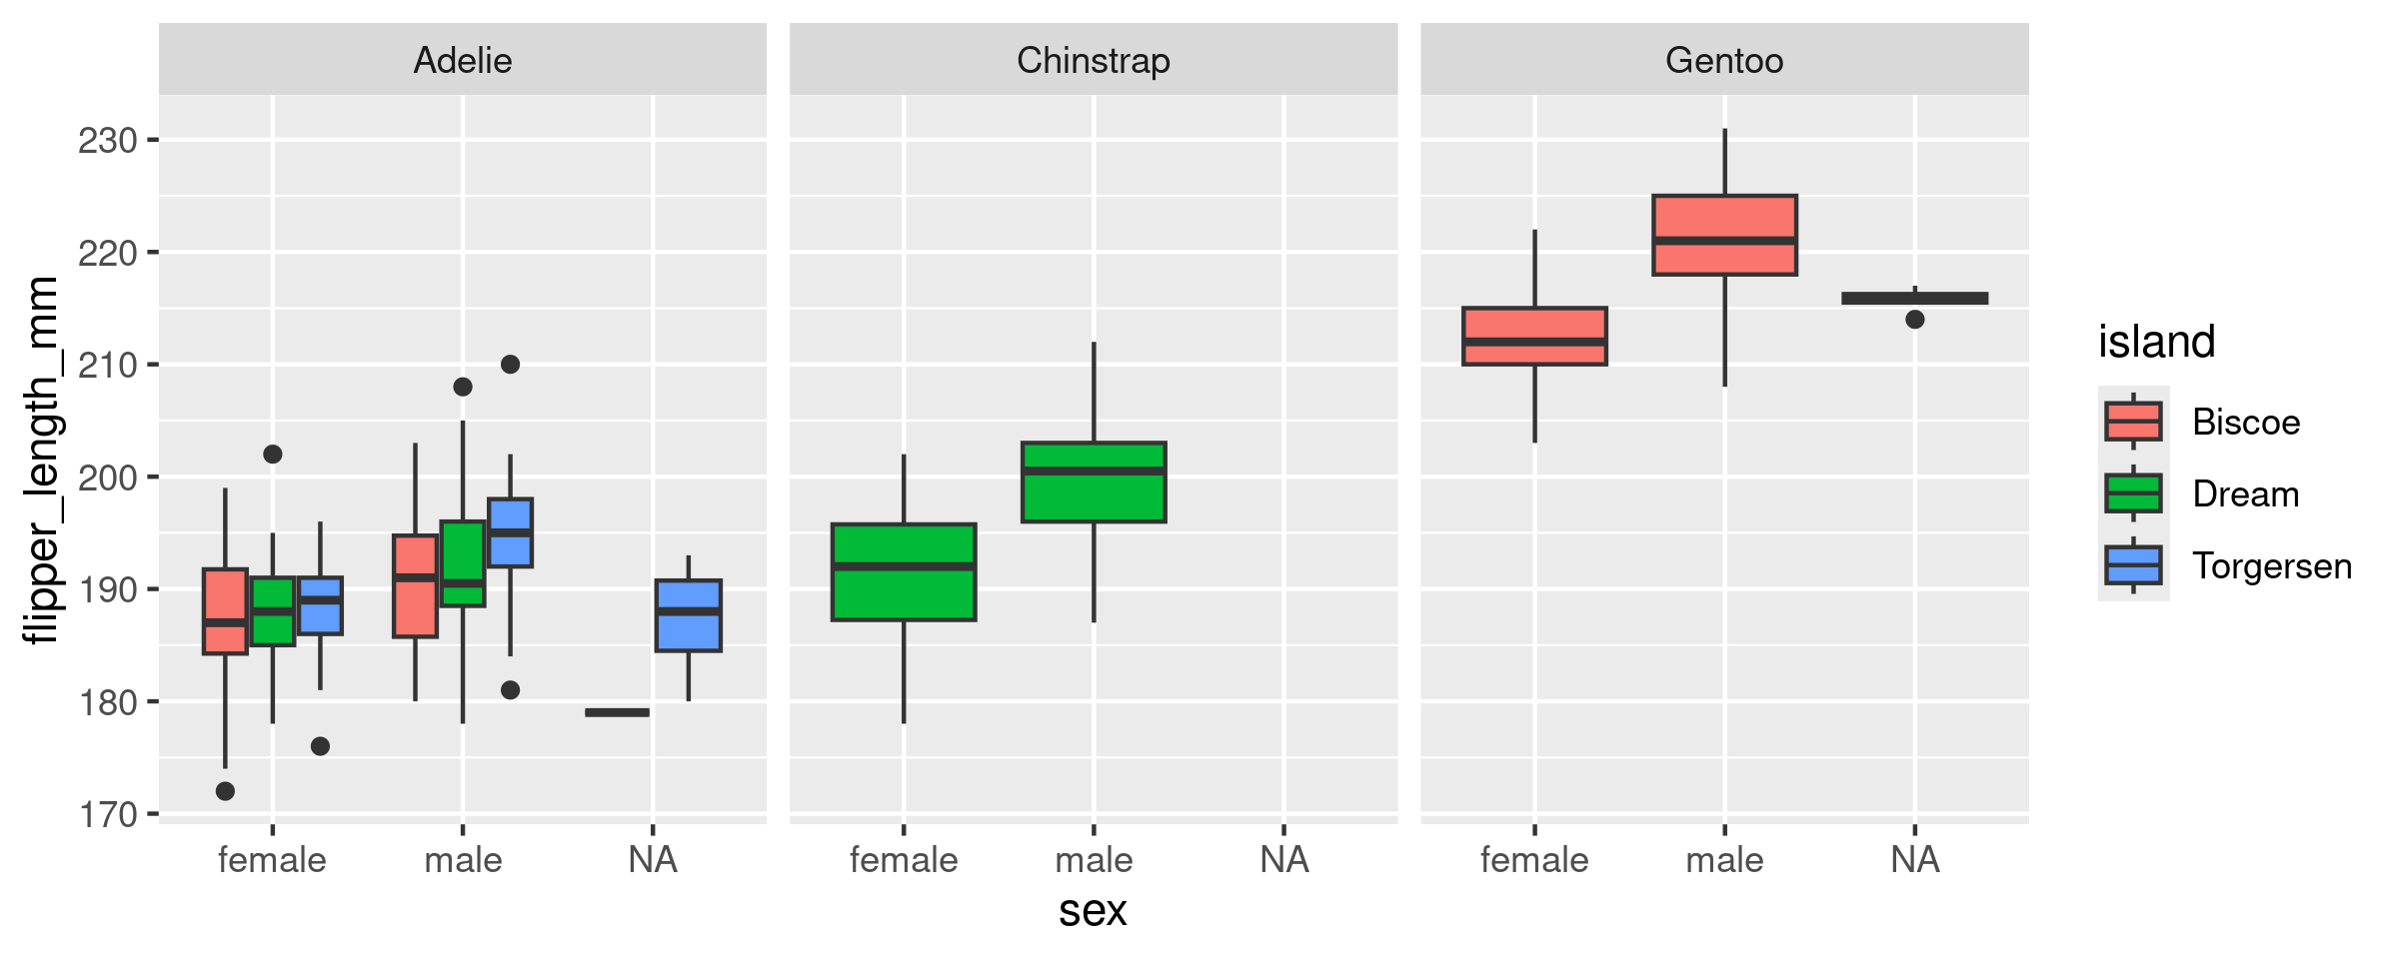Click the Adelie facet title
click(462, 61)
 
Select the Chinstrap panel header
click(1093, 61)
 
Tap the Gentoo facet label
click(1724, 61)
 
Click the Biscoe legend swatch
click(2133, 422)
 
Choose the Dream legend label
click(2246, 494)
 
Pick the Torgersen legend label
click(2271, 566)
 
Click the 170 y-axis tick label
click(107, 815)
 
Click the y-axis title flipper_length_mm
click(42, 460)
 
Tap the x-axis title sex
click(1093, 911)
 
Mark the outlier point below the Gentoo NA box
click(1914, 320)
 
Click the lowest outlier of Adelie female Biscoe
click(225, 791)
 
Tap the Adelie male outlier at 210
click(510, 365)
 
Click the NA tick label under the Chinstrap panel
click(1283, 860)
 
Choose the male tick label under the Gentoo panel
click(1724, 860)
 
